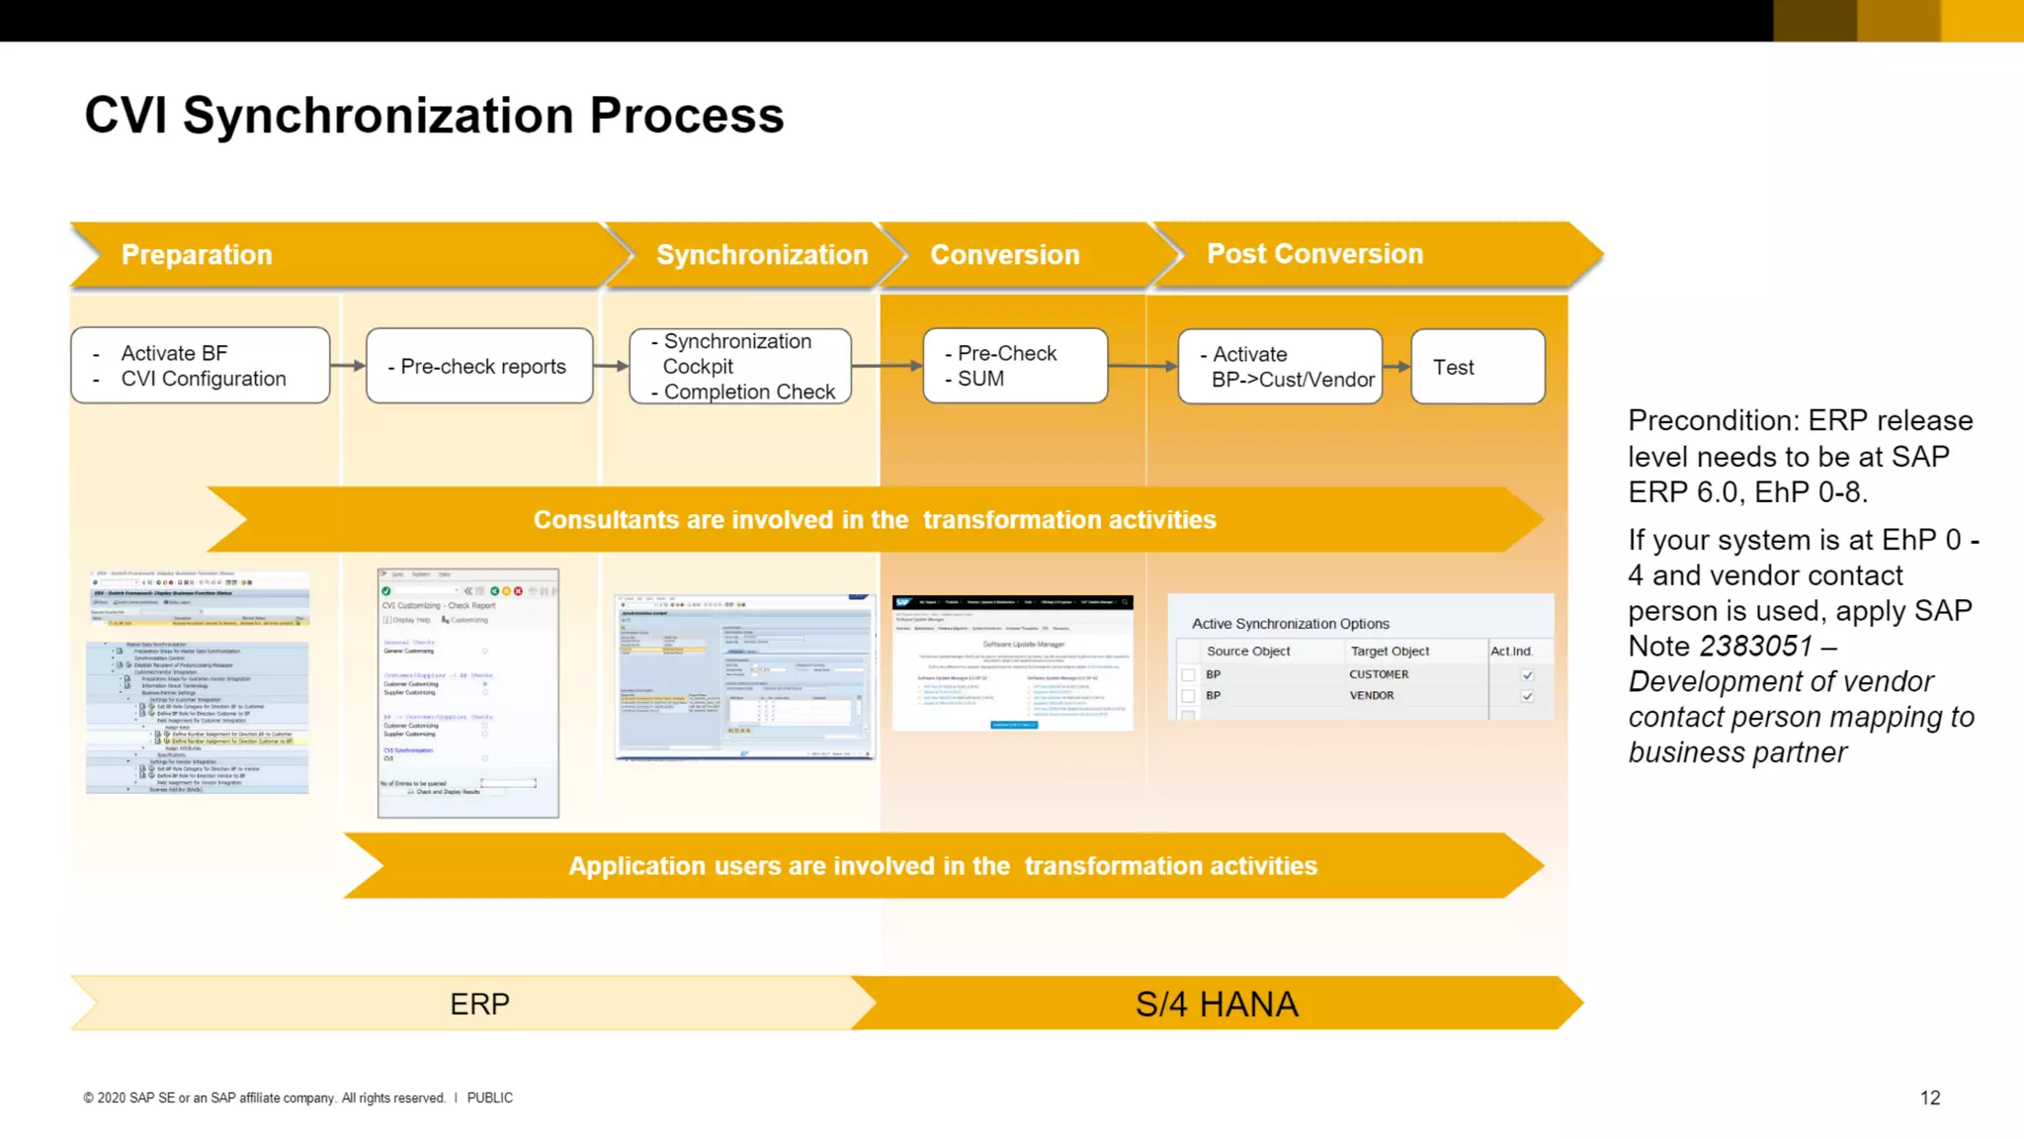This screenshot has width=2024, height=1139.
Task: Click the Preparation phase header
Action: point(197,255)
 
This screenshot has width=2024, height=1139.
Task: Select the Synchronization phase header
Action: point(761,255)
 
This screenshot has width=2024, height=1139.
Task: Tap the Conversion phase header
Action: point(1004,255)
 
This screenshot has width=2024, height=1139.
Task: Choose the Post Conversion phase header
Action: point(1314,254)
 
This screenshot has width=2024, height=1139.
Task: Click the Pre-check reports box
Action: point(480,367)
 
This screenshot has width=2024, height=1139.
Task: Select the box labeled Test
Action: point(1476,367)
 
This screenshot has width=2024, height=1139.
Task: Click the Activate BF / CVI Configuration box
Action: point(201,366)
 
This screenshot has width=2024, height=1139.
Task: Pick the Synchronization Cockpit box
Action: point(740,367)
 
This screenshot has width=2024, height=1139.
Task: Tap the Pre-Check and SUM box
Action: point(1015,367)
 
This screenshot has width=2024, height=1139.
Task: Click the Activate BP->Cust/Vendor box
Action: point(1280,367)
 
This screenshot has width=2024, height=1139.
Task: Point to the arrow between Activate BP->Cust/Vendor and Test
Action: point(1396,367)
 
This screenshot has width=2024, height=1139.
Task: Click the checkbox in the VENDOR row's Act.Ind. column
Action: point(1527,696)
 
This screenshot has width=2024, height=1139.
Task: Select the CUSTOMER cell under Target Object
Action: point(1379,674)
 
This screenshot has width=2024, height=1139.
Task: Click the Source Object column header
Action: point(1248,652)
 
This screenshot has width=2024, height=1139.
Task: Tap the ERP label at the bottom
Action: point(479,1005)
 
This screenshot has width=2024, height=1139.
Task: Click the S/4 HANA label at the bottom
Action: point(1216,1005)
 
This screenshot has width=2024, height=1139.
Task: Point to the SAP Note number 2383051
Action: point(1755,647)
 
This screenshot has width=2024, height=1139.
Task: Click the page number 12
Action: point(1929,1098)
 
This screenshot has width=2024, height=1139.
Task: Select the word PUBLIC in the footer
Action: point(489,1098)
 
